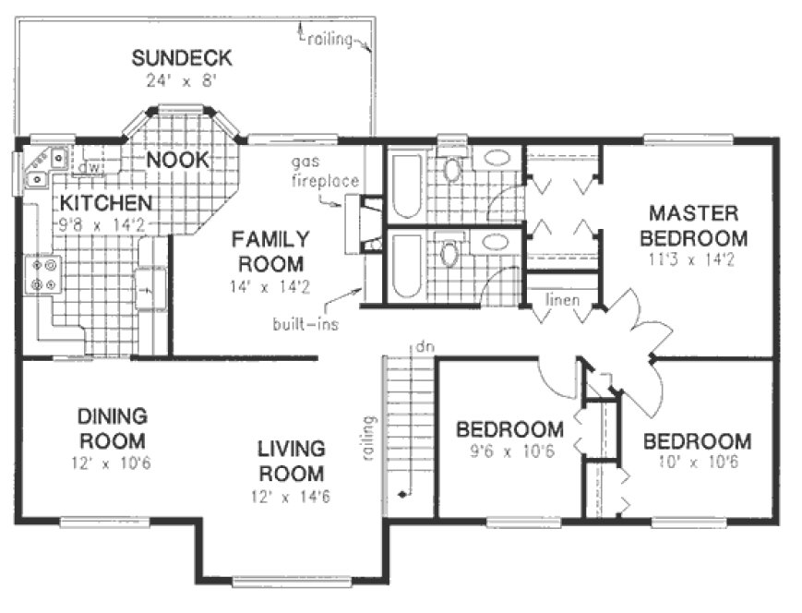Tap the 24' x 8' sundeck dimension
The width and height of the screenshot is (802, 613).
click(x=181, y=80)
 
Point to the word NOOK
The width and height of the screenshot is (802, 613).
click(x=178, y=160)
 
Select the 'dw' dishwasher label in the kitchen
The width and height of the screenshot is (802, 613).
click(x=90, y=168)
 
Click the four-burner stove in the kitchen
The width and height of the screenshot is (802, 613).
click(x=41, y=274)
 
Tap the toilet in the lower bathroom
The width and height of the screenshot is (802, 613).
click(x=449, y=253)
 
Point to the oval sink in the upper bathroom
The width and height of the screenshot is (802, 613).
click(x=499, y=158)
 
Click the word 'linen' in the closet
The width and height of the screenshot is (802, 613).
click(x=563, y=300)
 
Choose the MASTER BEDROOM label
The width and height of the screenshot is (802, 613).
click(x=697, y=226)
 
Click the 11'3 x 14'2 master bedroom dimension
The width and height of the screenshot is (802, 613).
click(x=697, y=260)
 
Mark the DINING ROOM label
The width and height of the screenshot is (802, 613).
click(x=113, y=428)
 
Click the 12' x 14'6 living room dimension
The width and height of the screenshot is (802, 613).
click(x=291, y=496)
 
